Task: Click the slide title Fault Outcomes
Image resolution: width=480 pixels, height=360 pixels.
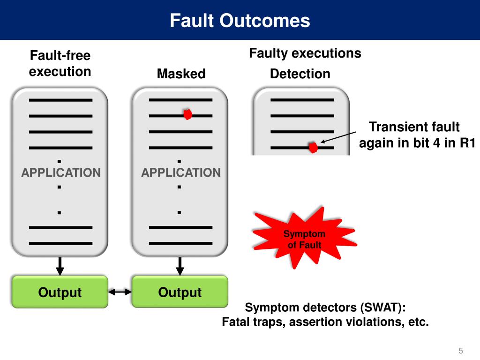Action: [240, 21]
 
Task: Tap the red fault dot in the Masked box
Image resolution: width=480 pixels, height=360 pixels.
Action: [187, 114]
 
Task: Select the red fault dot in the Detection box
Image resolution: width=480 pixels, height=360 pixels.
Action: [313, 148]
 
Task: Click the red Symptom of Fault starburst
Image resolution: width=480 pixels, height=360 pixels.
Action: [304, 238]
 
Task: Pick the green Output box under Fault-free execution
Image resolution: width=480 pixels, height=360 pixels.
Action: [60, 292]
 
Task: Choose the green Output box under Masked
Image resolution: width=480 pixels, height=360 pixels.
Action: [180, 292]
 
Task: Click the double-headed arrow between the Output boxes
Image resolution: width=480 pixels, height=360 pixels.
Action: [120, 292]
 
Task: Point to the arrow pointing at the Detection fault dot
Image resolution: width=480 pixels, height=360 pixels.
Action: [338, 137]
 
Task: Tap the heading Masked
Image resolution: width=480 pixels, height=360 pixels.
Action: [181, 74]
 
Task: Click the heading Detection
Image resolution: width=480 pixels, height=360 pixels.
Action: [300, 74]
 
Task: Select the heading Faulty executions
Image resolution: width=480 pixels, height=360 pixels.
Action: [305, 53]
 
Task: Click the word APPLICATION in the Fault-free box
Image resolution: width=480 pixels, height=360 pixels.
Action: [61, 172]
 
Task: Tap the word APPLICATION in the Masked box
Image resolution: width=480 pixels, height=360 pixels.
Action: [181, 172]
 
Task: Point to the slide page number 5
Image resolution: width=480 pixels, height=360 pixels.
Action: [461, 351]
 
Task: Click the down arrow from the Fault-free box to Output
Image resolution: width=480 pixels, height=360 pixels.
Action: [60, 266]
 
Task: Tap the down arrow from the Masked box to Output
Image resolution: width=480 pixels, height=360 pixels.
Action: [180, 266]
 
